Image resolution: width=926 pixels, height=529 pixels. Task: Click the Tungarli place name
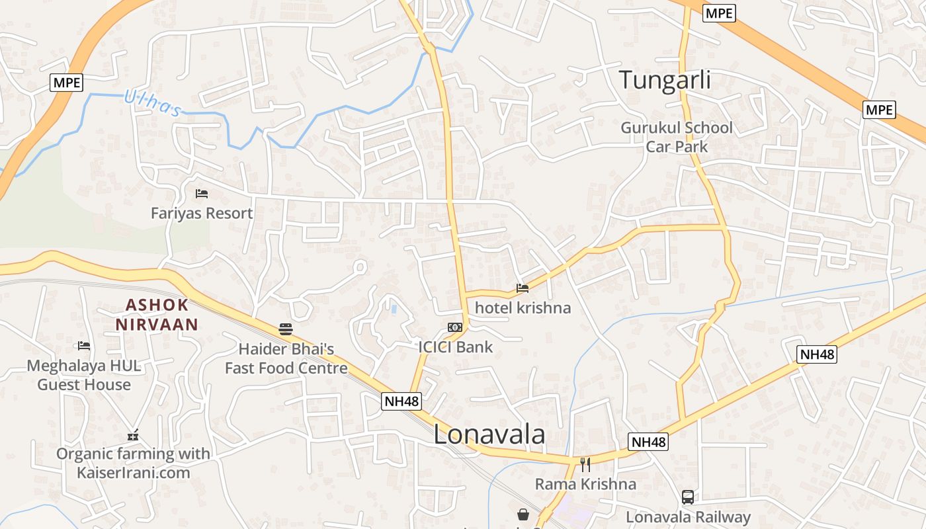click(x=665, y=80)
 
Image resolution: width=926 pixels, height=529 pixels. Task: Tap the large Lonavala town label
click(x=489, y=434)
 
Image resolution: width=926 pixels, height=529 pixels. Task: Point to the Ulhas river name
click(x=151, y=103)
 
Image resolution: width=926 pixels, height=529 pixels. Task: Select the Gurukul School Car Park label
click(x=676, y=137)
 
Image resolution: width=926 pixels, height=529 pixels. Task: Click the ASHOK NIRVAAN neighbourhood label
click(x=157, y=315)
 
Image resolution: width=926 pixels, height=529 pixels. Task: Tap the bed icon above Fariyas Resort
click(x=202, y=194)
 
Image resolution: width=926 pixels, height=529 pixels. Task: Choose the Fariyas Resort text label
click(x=202, y=213)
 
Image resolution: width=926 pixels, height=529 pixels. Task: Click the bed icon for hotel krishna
click(x=523, y=288)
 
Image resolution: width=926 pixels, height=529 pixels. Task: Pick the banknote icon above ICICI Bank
click(x=454, y=327)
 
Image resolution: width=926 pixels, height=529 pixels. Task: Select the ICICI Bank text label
click(x=455, y=346)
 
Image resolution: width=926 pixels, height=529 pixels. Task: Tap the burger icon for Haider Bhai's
click(x=286, y=329)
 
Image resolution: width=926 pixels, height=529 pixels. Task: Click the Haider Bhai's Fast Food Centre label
click(x=286, y=358)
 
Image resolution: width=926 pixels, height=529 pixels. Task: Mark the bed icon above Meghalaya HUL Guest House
click(x=84, y=345)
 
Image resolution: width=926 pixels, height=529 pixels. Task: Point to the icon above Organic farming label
click(x=133, y=435)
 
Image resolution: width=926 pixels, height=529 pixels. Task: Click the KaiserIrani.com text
click(x=133, y=473)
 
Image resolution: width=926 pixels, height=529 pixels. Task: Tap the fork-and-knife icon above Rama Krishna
click(x=585, y=464)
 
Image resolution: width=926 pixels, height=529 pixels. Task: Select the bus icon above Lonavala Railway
click(x=688, y=497)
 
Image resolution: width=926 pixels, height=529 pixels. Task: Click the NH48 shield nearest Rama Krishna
click(x=648, y=442)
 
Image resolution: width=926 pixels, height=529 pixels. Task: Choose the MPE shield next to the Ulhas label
click(x=67, y=83)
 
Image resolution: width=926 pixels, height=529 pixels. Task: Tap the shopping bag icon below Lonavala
click(x=523, y=514)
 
